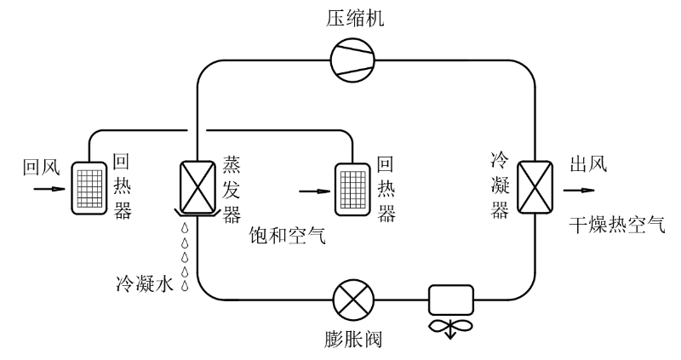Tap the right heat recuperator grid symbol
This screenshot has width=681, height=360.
coord(354,186)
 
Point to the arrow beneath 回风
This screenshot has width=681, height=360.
coord(46,189)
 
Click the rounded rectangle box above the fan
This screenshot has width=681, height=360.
coord(450,299)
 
